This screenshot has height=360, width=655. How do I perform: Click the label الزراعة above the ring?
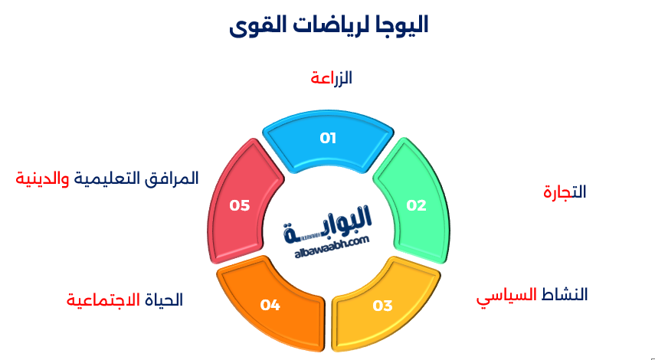coord(331,77)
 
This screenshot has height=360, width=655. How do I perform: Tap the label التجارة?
coord(565,191)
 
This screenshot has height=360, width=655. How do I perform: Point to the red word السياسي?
coord(506,296)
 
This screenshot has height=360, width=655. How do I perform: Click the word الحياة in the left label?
coord(165,299)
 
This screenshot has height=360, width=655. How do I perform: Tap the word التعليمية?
coord(110,178)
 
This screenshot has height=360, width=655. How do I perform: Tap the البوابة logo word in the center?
coord(337,222)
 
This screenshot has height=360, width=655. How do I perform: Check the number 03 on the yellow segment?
coord(382,306)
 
